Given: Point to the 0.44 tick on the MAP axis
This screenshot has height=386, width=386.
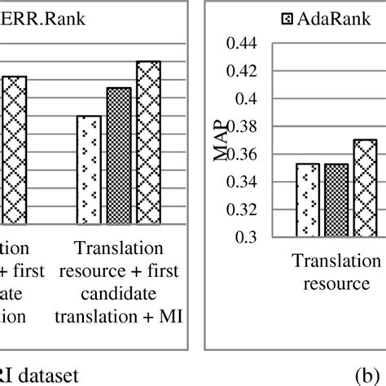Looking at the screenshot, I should (244, 43).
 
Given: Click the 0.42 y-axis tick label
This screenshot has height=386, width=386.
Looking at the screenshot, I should (244, 71).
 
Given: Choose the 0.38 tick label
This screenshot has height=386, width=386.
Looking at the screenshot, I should (244, 126).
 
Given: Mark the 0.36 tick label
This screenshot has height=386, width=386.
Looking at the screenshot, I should (244, 154).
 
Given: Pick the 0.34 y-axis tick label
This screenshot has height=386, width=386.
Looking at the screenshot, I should (244, 182).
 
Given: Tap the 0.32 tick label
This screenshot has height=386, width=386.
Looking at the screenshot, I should (244, 209).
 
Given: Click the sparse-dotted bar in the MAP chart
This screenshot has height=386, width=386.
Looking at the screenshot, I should (308, 200).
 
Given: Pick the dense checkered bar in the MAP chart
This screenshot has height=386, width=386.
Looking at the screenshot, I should (336, 200).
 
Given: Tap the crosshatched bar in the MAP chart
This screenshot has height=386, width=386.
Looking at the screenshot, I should (365, 187).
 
